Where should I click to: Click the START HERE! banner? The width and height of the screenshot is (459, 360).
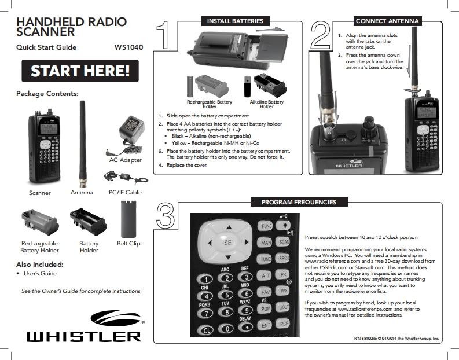(x=80, y=71)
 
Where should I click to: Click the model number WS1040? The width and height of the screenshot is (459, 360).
(x=128, y=47)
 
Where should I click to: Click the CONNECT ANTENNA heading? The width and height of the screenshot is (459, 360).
(x=387, y=21)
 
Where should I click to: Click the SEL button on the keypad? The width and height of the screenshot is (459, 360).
(x=228, y=244)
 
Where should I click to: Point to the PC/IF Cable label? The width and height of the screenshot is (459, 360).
(x=125, y=192)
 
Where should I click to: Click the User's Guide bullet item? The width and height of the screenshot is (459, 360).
(x=39, y=274)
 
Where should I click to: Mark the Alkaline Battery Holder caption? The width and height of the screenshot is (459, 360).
(x=267, y=104)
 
